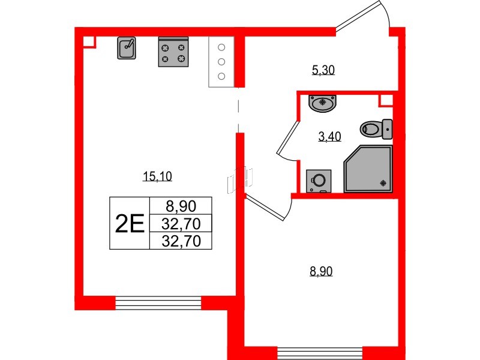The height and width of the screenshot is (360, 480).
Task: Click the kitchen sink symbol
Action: [x=126, y=48]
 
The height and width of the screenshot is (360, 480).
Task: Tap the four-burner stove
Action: [x=173, y=52]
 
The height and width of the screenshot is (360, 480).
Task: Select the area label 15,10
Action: [x=158, y=176]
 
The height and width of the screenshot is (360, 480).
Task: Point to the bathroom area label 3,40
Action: [x=329, y=136]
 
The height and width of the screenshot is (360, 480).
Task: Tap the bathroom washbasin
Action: [x=324, y=103]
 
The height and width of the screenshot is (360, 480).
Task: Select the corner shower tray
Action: [x=368, y=169]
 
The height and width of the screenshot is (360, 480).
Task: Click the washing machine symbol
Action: [x=319, y=181]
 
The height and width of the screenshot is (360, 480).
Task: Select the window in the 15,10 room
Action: [x=158, y=302]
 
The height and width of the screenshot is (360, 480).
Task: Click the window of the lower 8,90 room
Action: [x=320, y=353]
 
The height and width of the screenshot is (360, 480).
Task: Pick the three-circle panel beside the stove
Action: [x=221, y=62]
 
